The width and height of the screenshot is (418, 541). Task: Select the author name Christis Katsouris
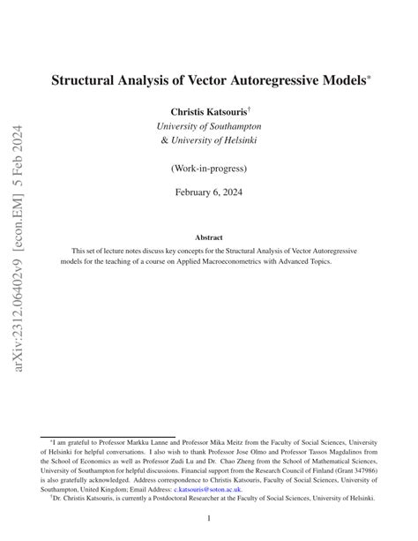(208, 111)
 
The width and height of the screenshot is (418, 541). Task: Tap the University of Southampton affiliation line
(209, 126)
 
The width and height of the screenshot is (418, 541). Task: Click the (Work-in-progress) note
(209, 168)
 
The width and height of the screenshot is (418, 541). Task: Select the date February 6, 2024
(209, 192)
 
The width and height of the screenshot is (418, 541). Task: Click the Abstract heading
(209, 237)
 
